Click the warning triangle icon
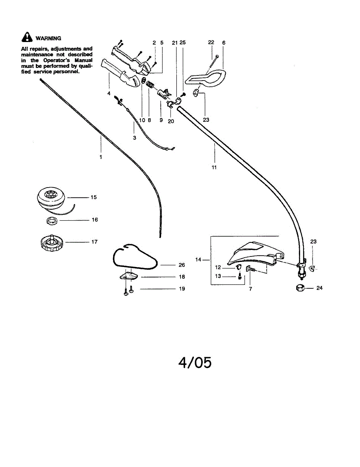[x=27, y=37]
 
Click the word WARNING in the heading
[x=48, y=39]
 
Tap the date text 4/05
[x=195, y=362]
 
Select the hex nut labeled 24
[x=300, y=288]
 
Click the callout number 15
[x=94, y=197]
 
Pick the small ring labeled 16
[x=52, y=221]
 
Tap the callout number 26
[x=182, y=265]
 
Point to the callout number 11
[x=214, y=167]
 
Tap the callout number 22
[x=211, y=42]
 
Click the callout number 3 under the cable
[x=135, y=138]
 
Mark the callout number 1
[x=101, y=157]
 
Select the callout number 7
[x=250, y=289]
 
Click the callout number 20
[x=171, y=121]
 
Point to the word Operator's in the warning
[x=57, y=60]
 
